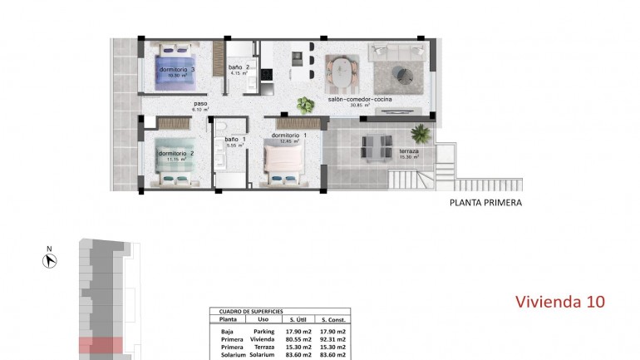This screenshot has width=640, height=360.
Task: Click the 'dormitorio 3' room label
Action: tap(177, 70)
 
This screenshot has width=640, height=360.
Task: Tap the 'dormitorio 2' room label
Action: tap(175, 154)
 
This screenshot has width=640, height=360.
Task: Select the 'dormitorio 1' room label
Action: tap(289, 136)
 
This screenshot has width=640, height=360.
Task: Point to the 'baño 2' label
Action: tap(239, 68)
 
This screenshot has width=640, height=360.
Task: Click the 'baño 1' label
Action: tap(234, 140)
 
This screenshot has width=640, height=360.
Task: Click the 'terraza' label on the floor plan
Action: tap(408, 151)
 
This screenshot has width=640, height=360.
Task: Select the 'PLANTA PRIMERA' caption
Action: tap(485, 202)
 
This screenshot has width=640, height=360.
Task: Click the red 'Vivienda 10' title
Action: tap(559, 301)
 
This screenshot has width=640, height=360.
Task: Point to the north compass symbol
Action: tap(49, 260)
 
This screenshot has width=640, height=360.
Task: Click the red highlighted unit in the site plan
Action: tap(101, 343)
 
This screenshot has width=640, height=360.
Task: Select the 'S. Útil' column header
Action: tap(297, 319)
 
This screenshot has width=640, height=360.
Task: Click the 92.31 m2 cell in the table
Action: tap(333, 338)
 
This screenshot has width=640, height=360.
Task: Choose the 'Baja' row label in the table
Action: tap(227, 330)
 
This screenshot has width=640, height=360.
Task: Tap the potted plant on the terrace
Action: tap(421, 133)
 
